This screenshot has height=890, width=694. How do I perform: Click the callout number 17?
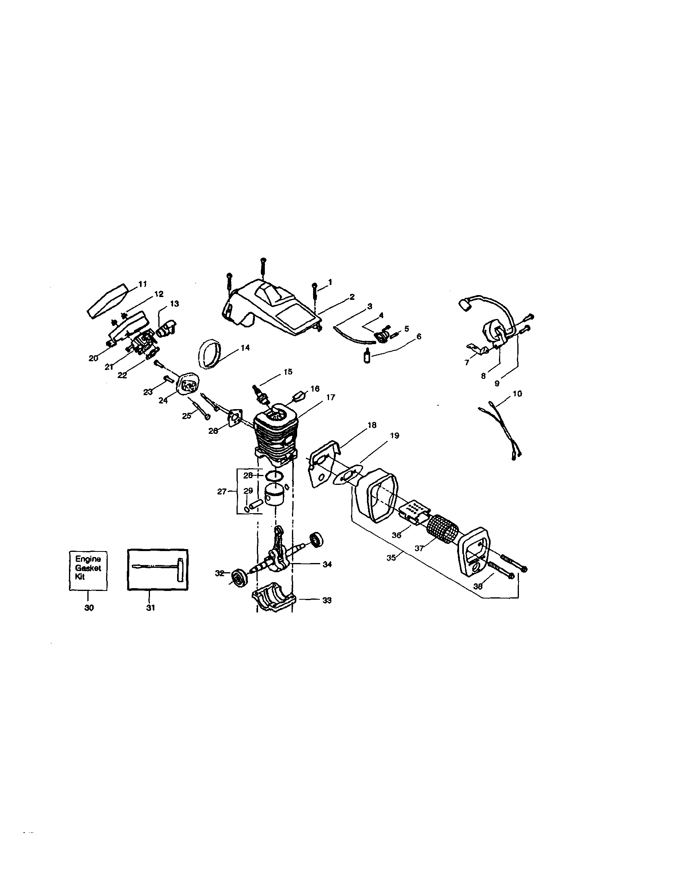(331, 397)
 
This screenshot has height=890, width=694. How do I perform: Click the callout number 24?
(163, 401)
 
